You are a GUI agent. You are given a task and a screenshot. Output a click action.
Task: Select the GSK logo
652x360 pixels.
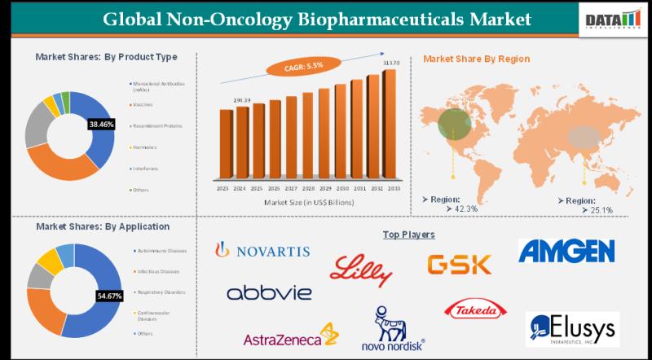(460, 263)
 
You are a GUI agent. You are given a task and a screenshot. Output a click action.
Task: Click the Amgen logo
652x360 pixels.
(566, 251)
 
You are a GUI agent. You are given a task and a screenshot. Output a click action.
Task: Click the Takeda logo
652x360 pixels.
(475, 310)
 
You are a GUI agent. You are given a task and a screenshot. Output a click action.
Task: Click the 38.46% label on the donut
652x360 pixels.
(101, 125)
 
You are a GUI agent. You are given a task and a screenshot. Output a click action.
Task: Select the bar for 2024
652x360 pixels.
(240, 143)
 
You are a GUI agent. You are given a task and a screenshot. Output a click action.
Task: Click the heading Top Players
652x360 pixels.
(408, 235)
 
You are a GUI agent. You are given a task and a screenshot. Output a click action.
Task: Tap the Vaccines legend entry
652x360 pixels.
(143, 104)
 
